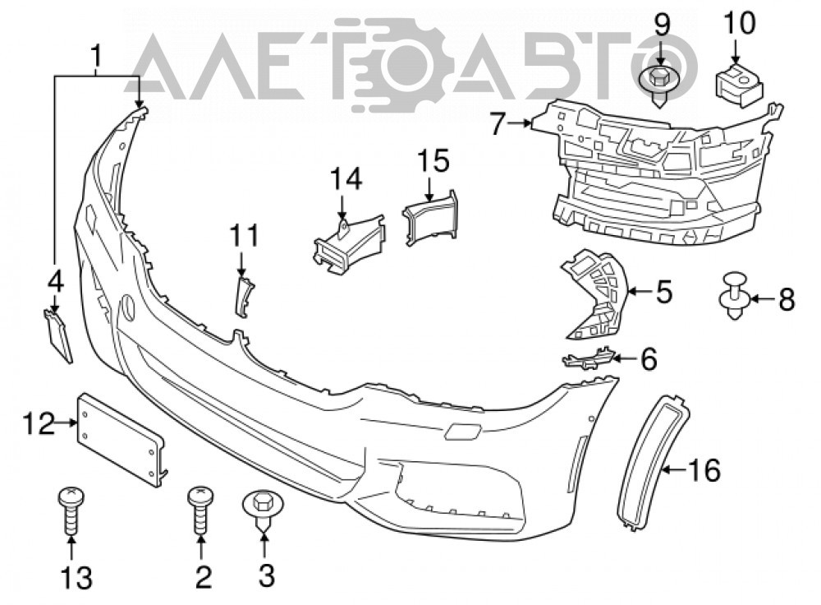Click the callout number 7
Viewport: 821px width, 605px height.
click(498, 124)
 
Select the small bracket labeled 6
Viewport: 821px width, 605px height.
click(588, 358)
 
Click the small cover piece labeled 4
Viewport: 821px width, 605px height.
click(57, 335)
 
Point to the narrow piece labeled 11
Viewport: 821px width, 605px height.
click(244, 297)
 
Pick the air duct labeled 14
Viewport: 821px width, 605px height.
click(348, 242)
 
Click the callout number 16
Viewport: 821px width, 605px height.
click(704, 469)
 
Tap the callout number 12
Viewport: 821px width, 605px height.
click(39, 423)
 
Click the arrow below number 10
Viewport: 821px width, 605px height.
click(734, 52)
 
